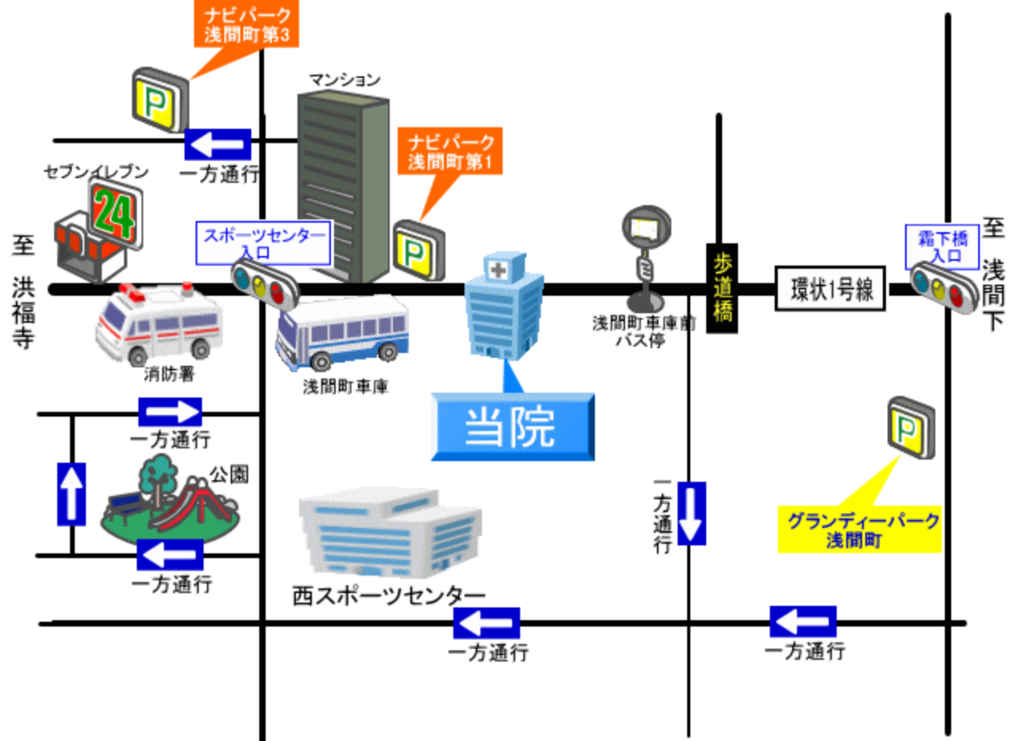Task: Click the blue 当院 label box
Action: coord(512,427)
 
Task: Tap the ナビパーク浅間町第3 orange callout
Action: coord(247,24)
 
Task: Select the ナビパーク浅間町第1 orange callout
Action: coord(450,152)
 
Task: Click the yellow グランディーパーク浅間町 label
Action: coord(860,530)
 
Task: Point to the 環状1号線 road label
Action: coord(832,289)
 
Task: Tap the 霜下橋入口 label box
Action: coord(943,247)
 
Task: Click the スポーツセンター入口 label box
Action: coord(263,242)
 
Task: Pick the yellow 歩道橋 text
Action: coord(722,288)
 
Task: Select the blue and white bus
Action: coord(343,332)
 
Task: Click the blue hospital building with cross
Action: coord(504,306)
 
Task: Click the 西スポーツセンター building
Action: coord(390,530)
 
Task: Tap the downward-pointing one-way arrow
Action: coord(691,513)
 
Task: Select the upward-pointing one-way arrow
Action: coord(72,494)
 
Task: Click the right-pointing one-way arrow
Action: coord(170,412)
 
